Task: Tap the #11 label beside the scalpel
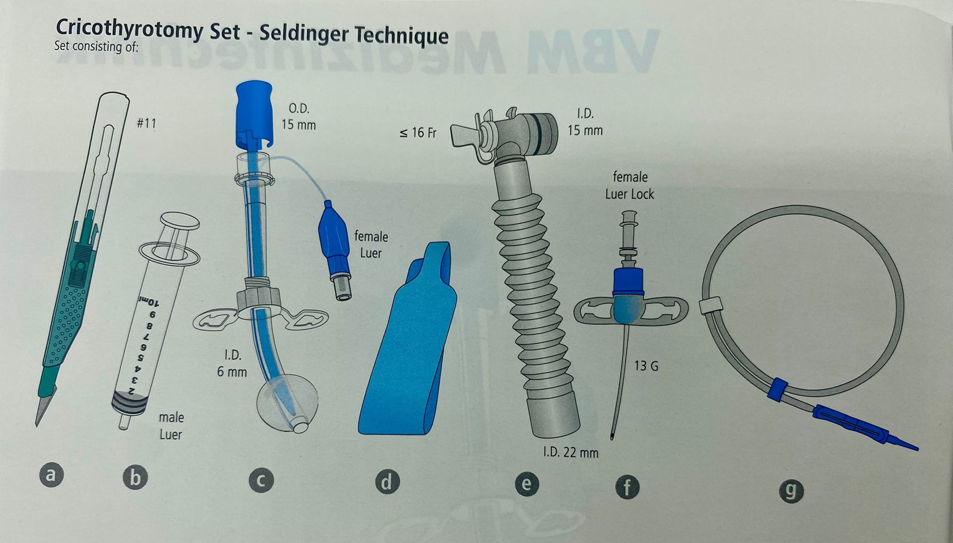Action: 146,124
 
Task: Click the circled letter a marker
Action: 51,475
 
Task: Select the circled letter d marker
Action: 387,482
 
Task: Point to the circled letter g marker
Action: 791,491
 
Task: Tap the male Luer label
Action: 171,426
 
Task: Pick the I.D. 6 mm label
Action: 233,363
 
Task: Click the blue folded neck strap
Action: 407,340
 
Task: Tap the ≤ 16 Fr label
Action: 418,133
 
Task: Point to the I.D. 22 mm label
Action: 571,452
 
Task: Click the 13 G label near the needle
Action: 646,366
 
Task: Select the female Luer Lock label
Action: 630,186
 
